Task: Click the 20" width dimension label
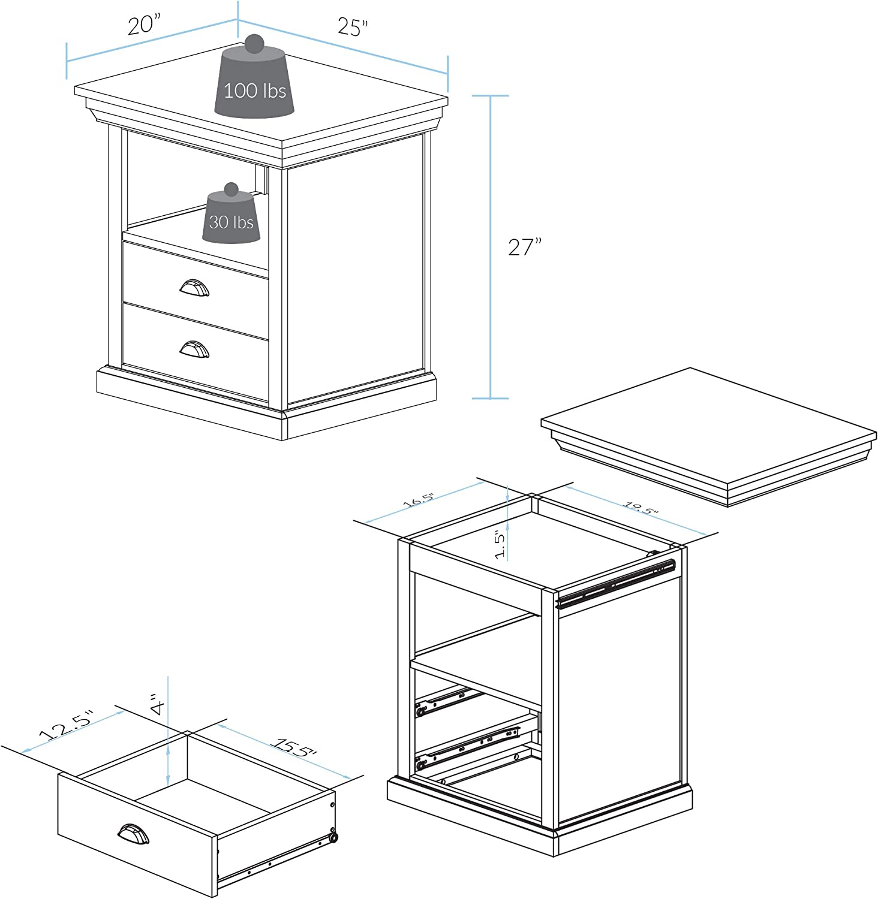click(145, 25)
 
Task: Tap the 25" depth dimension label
click(353, 27)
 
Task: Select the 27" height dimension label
click(525, 247)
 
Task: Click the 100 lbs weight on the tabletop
click(255, 90)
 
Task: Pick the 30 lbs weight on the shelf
click(231, 222)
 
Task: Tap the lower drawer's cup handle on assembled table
click(195, 349)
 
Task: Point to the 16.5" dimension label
click(418, 500)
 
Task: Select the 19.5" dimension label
click(641, 508)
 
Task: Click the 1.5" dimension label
click(501, 544)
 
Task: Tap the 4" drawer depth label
click(157, 704)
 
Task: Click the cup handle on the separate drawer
click(133, 833)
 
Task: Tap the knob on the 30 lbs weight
click(231, 189)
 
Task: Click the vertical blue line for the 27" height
click(491, 247)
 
